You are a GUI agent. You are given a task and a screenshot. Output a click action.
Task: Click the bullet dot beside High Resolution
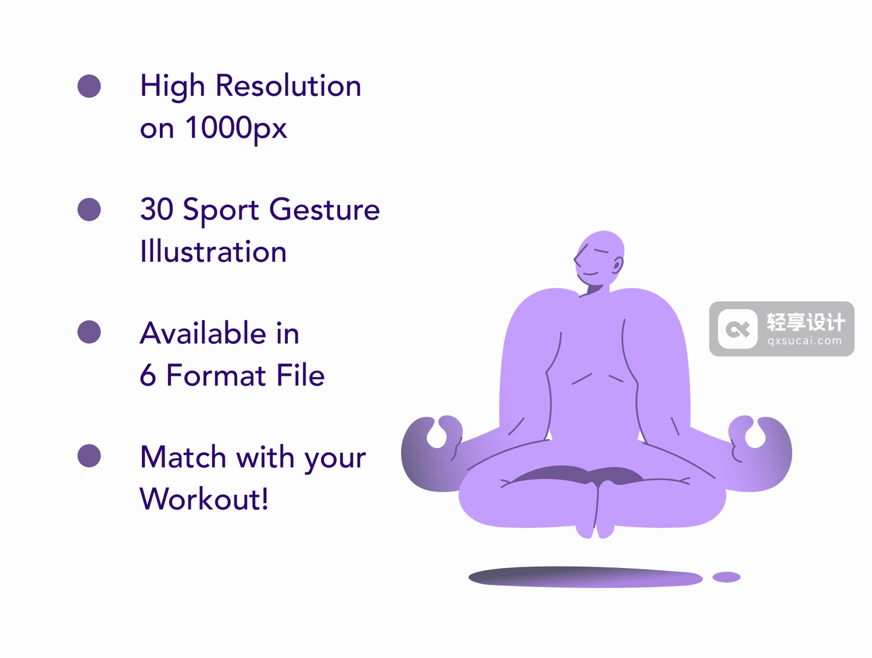pos(89,86)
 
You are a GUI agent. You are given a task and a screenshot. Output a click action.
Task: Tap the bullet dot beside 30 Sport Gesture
pos(89,209)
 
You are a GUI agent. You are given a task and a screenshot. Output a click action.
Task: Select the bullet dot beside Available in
pos(89,332)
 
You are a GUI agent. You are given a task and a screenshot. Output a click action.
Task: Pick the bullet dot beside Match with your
pos(89,455)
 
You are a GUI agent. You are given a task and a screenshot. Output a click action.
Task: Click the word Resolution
pos(288,85)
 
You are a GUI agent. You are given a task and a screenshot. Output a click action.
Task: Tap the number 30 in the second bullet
pos(157,209)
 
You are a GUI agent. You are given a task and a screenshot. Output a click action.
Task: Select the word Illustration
pos(213,251)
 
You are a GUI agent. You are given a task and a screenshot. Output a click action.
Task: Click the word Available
pos(203,333)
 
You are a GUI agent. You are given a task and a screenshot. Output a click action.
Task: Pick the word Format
pos(216,375)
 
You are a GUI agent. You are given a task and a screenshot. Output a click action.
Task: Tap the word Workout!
pos(204,498)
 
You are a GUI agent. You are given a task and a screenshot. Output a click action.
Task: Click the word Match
pos(183,456)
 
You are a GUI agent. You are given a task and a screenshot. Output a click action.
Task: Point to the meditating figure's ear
pos(618,264)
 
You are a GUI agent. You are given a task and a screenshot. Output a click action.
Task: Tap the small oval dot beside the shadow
pos(726,577)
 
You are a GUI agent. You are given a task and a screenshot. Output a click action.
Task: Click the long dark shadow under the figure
pos(585,577)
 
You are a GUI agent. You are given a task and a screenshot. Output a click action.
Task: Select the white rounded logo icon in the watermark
pos(738,329)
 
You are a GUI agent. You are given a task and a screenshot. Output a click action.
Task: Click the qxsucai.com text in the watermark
pos(805,341)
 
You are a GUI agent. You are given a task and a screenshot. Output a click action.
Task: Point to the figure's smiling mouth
pos(590,274)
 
